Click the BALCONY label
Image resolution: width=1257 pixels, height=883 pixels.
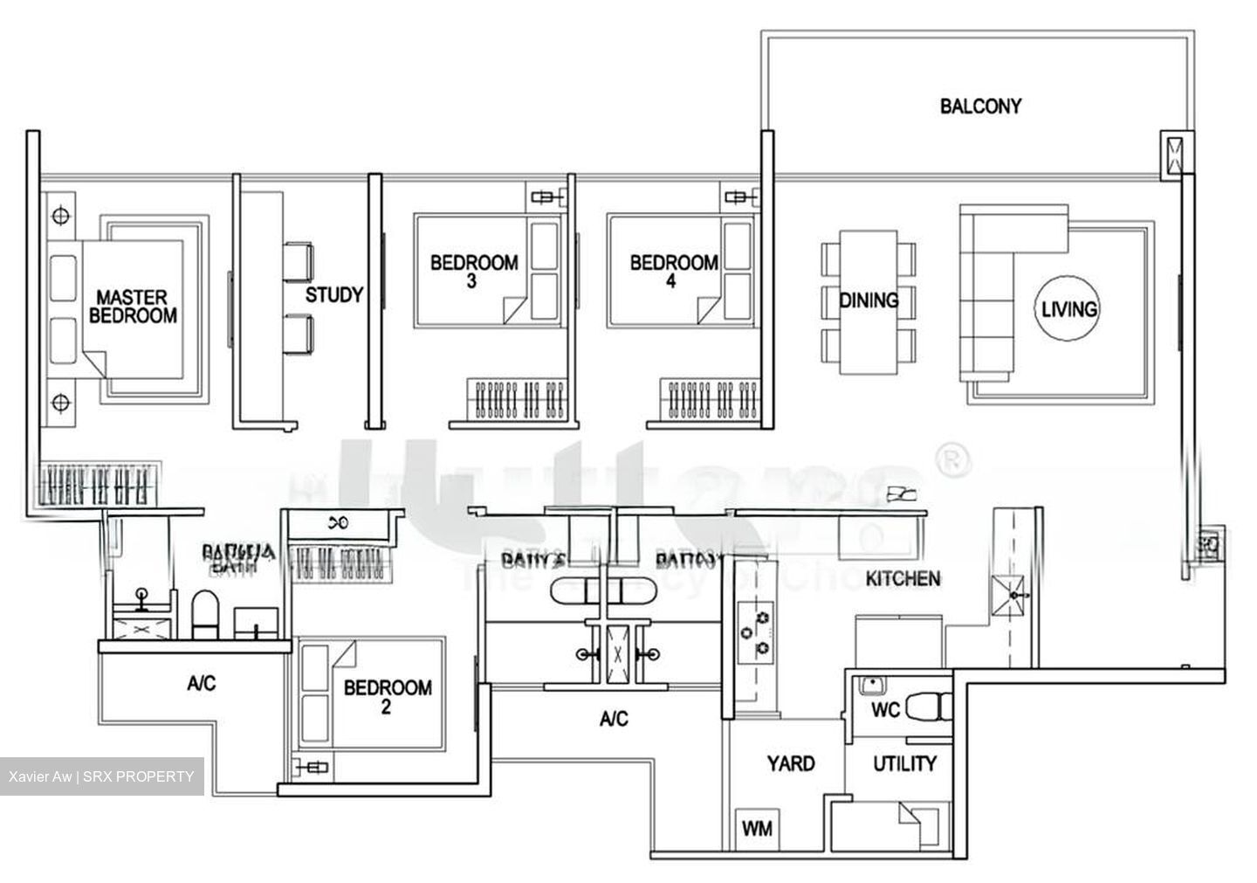(x=979, y=107)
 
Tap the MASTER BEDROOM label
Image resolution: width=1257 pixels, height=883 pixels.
(x=132, y=307)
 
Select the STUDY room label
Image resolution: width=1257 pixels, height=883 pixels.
(x=333, y=295)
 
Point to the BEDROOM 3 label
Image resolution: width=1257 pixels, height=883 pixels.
(x=473, y=271)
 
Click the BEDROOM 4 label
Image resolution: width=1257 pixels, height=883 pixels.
(x=673, y=271)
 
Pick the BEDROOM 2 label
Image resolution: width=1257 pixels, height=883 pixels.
(x=387, y=696)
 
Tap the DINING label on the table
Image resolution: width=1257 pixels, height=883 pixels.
(x=869, y=300)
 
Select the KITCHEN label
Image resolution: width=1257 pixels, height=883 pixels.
(x=903, y=578)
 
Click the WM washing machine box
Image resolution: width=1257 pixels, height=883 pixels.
(x=757, y=827)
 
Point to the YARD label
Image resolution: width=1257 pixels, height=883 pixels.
(x=790, y=763)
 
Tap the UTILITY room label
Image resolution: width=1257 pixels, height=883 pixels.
(x=904, y=764)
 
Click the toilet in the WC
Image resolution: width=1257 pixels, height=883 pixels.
(x=927, y=707)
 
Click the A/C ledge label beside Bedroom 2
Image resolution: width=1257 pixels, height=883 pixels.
(x=201, y=684)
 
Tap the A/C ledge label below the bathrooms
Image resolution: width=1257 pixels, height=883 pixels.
(x=614, y=719)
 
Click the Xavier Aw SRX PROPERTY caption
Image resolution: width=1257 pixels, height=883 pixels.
(x=101, y=776)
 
